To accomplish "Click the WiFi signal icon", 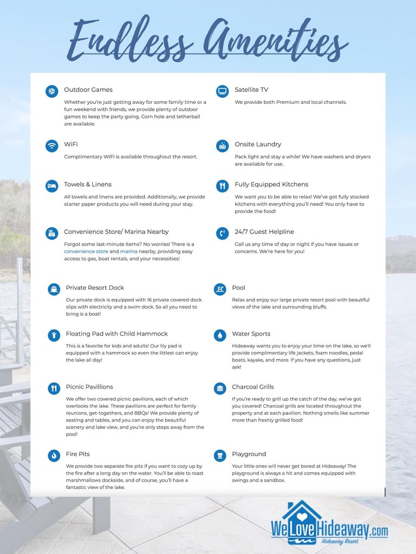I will point(52,145).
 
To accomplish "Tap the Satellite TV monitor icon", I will point(222,91).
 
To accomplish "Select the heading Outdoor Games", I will point(88,90).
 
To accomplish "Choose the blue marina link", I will point(129,252).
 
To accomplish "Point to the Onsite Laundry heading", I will point(258,144).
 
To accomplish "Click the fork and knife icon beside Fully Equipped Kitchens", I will point(222,186).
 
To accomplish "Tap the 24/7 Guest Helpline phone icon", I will point(222,233).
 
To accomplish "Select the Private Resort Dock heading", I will point(95,288).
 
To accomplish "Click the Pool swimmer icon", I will point(220,289).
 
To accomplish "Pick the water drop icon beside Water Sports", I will point(220,335).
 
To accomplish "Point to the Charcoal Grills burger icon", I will point(220,388).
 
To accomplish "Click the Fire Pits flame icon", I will point(54,455).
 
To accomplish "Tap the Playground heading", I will point(249,454).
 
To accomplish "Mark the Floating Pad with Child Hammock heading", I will point(117,334).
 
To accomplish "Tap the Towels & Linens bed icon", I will point(52,186).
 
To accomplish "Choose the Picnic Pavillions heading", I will point(89,387).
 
